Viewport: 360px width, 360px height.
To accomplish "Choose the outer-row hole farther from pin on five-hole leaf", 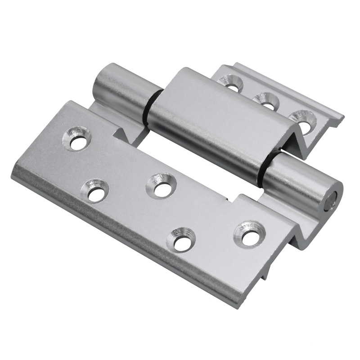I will [x=95, y=191].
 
